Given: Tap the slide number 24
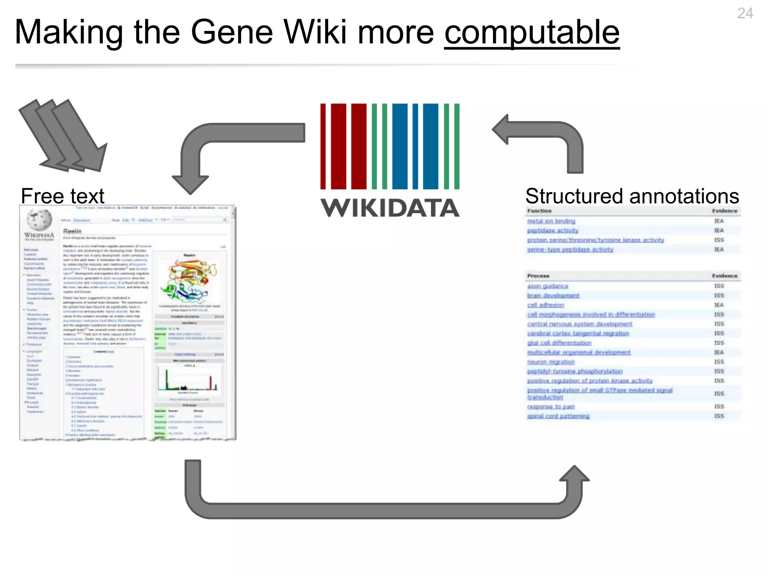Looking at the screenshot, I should (x=745, y=14).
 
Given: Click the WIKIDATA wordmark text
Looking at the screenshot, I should (x=390, y=208).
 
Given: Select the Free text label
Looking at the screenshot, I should (x=63, y=196).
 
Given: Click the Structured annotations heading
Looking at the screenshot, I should (x=632, y=196).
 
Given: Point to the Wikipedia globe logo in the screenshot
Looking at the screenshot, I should (x=39, y=219).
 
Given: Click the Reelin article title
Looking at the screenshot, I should (x=72, y=231).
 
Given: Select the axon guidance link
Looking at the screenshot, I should (x=547, y=286).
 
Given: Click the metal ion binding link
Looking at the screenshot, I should (x=551, y=221).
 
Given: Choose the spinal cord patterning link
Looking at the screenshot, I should (x=558, y=416).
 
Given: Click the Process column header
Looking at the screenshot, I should (x=538, y=276).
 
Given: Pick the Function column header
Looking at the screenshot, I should (x=539, y=211).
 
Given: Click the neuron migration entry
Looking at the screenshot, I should (x=550, y=362).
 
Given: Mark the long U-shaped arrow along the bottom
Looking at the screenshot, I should (x=382, y=510).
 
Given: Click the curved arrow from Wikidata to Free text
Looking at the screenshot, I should (x=210, y=142).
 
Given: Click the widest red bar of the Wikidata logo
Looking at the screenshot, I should (x=339, y=146).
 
